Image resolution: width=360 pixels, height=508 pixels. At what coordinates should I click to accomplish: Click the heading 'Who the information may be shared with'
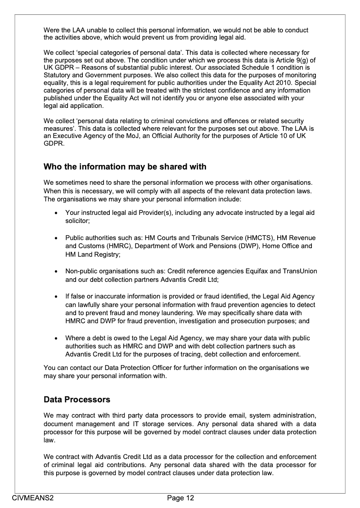point(125,167)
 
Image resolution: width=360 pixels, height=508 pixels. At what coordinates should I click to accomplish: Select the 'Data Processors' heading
point(76,399)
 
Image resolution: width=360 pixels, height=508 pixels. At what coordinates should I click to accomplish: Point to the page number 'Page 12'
point(180,498)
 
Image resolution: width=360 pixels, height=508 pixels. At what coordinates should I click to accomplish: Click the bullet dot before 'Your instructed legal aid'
point(55,213)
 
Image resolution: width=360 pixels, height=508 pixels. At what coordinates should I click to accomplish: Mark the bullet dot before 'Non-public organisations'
point(55,272)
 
